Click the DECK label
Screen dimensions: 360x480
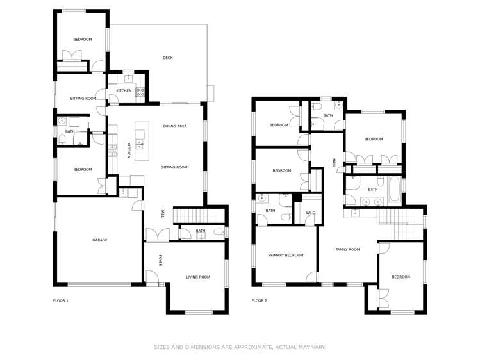tap(167, 58)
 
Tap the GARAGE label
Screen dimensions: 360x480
tap(99, 240)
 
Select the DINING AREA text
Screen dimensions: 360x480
tap(175, 127)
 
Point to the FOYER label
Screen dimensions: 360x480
tap(161, 260)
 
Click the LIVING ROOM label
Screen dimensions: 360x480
tap(198, 277)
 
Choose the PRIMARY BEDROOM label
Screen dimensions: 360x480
tap(286, 255)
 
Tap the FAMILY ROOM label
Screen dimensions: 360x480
tap(348, 249)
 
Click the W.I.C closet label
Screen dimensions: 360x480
tap(311, 213)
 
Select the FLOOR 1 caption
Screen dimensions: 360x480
tap(61, 300)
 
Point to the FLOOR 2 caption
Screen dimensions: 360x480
tap(259, 300)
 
